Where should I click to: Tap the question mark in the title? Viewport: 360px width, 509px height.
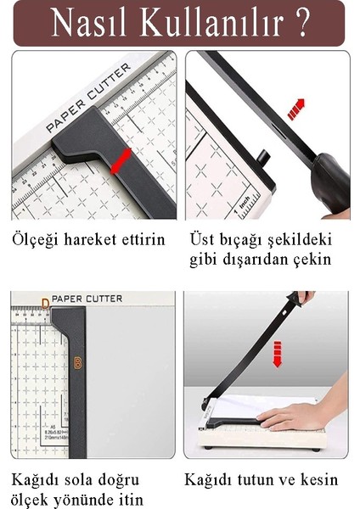point(302,23)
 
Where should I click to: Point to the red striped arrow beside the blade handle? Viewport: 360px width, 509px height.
point(296,109)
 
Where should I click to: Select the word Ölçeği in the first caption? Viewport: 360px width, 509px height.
point(37,240)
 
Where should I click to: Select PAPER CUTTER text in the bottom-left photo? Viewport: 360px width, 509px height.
point(87,299)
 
